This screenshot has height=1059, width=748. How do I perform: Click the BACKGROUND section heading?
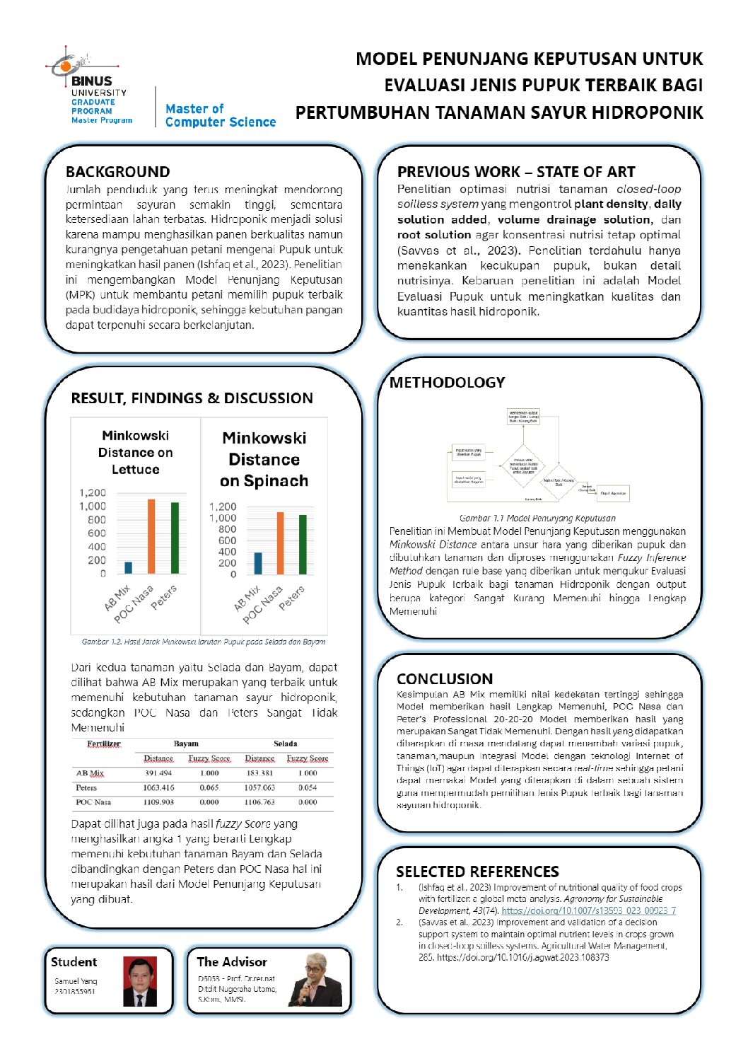pyautogui.click(x=117, y=172)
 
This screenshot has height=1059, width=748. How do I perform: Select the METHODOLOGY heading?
pyautogui.click(x=447, y=383)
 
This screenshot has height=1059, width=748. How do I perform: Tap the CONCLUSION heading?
pyautogui.click(x=444, y=678)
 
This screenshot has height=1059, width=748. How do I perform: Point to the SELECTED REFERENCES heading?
pyautogui.click(x=477, y=872)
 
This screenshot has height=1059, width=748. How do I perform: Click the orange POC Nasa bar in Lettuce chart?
pyautogui.click(x=151, y=536)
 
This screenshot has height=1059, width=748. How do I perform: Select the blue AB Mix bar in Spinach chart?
pyautogui.click(x=258, y=563)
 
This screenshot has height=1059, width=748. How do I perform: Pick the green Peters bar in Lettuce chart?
pyautogui.click(x=175, y=538)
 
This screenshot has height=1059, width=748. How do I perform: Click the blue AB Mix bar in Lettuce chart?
pyautogui.click(x=128, y=567)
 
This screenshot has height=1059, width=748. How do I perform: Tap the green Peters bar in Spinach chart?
pyautogui.click(x=303, y=544)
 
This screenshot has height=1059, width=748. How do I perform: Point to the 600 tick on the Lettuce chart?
pyautogui.click(x=97, y=533)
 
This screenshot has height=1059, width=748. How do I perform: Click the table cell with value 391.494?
pyautogui.click(x=158, y=773)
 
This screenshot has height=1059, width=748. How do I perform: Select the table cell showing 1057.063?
pyautogui.click(x=259, y=787)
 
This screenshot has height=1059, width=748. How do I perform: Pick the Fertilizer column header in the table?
pyautogui.click(x=103, y=744)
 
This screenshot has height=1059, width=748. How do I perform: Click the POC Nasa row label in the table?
pyautogui.click(x=93, y=802)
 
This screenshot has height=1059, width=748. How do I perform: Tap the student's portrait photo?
pyautogui.click(x=140, y=981)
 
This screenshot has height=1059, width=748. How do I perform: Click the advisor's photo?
pyautogui.click(x=315, y=980)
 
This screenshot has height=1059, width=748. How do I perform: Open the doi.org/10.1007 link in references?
pyautogui.click(x=588, y=910)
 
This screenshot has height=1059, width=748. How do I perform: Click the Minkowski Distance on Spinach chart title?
pyautogui.click(x=264, y=459)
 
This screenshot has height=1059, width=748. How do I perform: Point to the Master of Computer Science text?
pyautogui.click(x=220, y=115)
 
